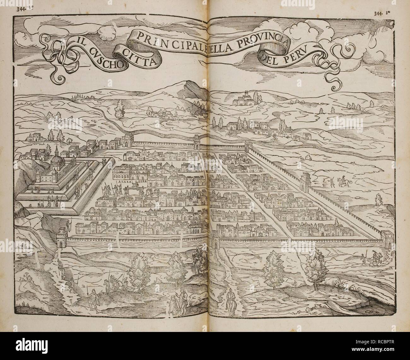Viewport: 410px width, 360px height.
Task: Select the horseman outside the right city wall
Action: (341, 182)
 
